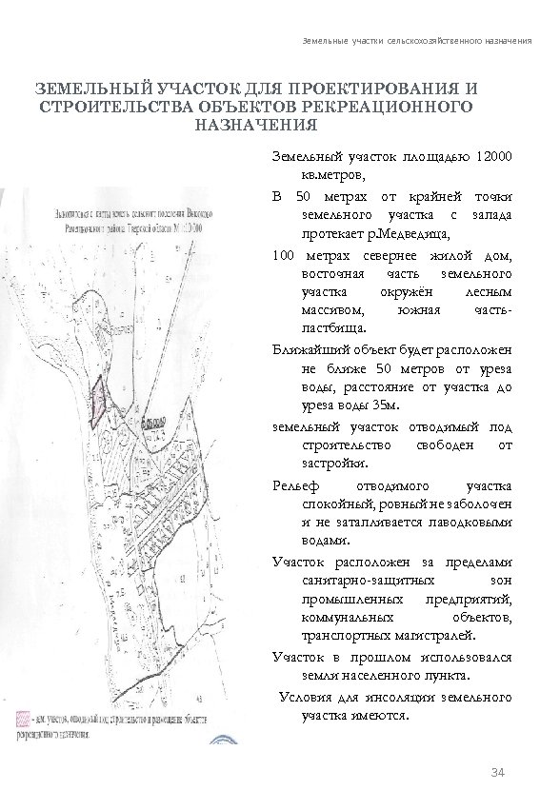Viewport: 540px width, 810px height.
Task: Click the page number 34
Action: point(494,768)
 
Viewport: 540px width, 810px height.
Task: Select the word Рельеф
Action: point(291,486)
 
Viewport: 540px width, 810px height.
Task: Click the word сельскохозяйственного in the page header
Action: point(416,45)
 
